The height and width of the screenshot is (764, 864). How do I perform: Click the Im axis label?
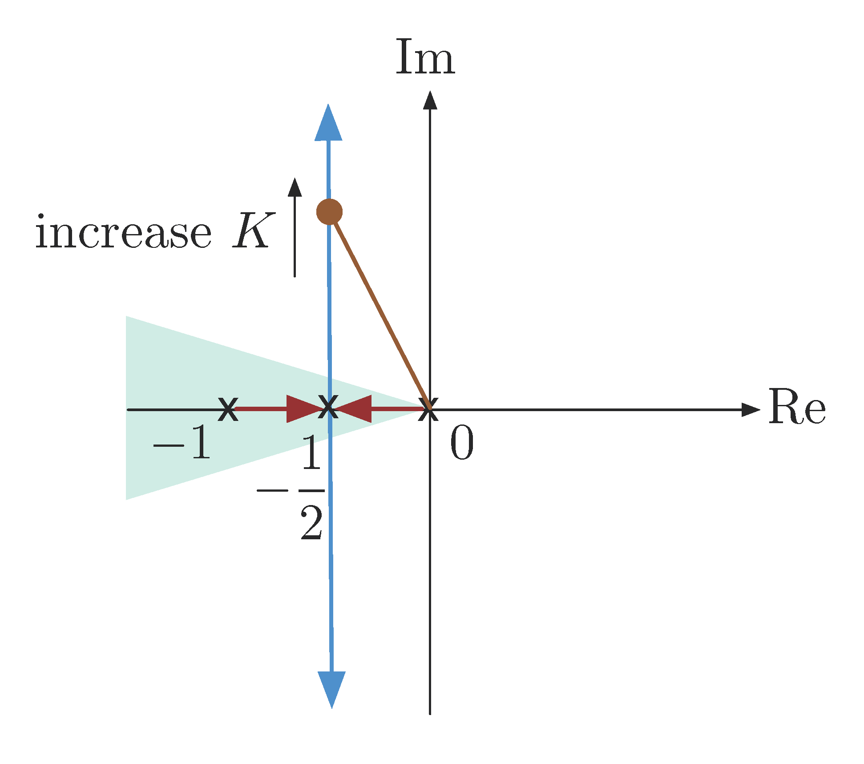[x=425, y=58]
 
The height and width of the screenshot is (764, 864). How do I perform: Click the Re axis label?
[x=797, y=407]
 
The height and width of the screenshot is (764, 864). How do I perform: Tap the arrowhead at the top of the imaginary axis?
[x=430, y=100]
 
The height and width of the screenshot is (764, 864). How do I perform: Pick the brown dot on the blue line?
[x=329, y=212]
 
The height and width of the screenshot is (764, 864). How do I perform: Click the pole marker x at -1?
[x=228, y=409]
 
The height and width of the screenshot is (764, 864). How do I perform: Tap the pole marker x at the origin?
[x=428, y=409]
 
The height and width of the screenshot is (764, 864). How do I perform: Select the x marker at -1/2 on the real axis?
[x=328, y=407]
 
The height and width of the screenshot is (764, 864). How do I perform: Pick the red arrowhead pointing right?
[x=303, y=409]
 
